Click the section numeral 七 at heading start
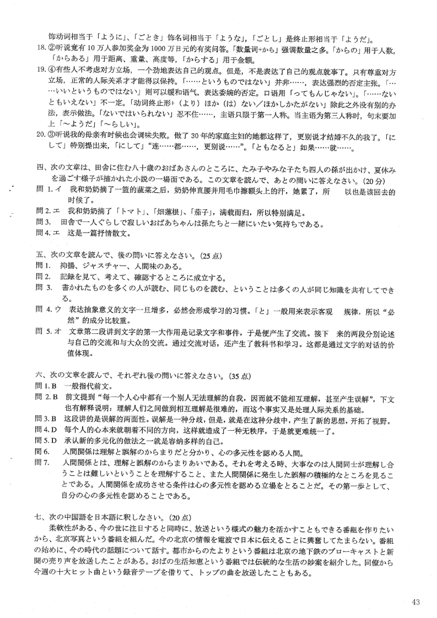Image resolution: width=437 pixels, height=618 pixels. [38, 518]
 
